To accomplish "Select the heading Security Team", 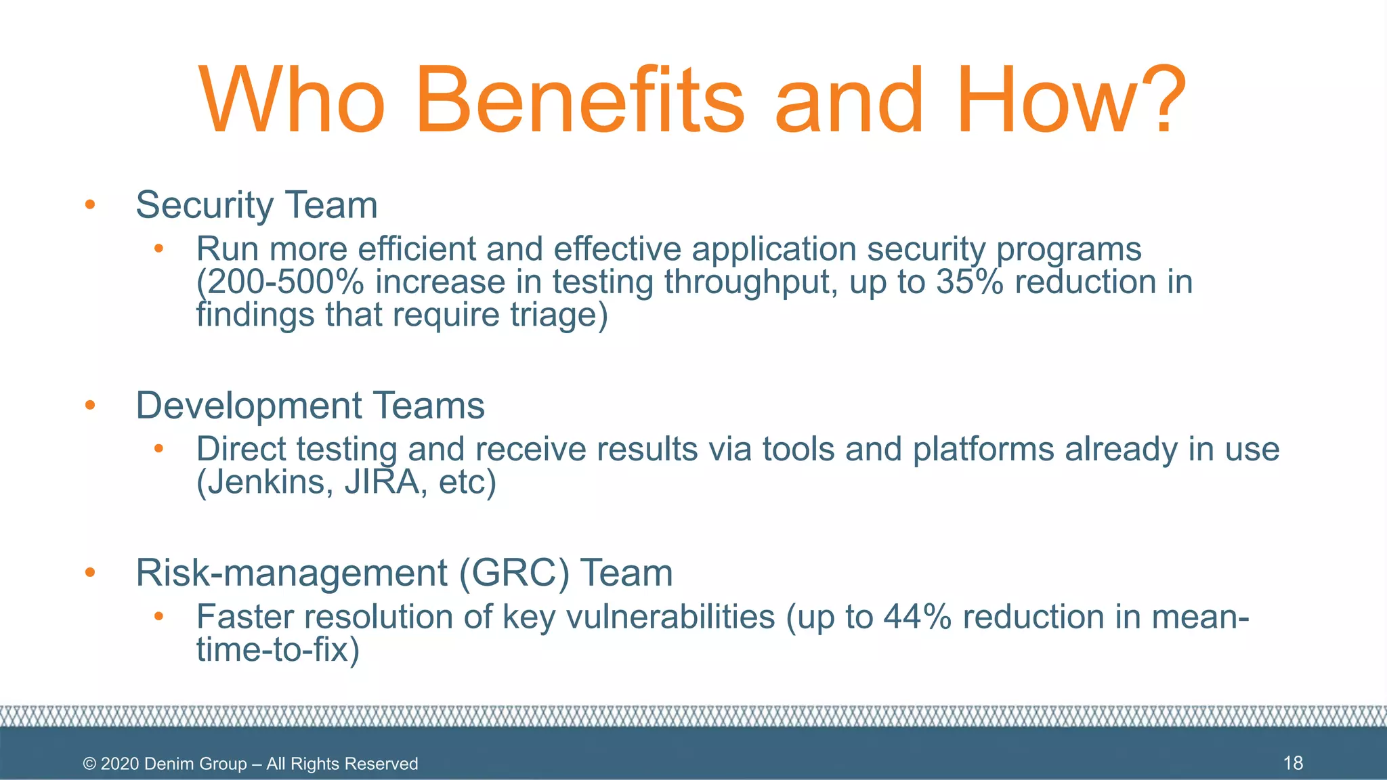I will (x=256, y=205).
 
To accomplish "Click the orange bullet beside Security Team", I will (x=90, y=204).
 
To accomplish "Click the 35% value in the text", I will (x=970, y=282).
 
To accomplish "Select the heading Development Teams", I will (x=310, y=406).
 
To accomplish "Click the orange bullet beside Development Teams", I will (x=90, y=406).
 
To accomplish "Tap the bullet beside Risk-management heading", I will (x=90, y=573).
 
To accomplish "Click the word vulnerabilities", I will (x=670, y=617).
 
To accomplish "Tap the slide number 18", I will (x=1293, y=763).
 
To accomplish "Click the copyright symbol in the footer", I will (x=89, y=764).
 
